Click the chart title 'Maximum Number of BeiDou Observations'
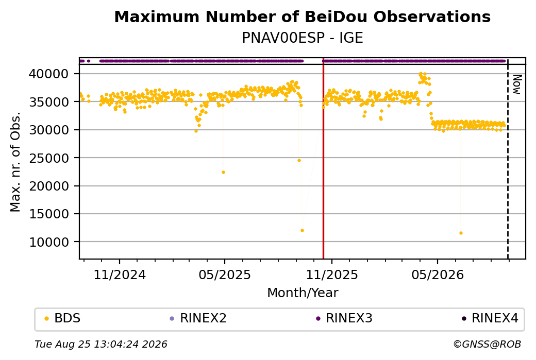[x=302, y=16]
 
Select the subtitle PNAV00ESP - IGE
[x=302, y=38]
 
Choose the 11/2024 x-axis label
[x=120, y=275]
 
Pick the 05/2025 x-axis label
[x=225, y=275]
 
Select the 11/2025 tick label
[x=331, y=275]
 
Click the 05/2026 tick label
[x=438, y=275]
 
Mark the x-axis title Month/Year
[x=303, y=293]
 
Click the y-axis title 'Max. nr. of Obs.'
[x=15, y=162]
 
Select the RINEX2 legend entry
[x=198, y=318]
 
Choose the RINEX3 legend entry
[x=344, y=318]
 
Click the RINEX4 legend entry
[x=490, y=318]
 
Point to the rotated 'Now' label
[x=517, y=84]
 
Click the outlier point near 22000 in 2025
[x=223, y=173]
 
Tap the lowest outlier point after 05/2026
[x=461, y=233]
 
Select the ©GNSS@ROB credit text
[x=487, y=344]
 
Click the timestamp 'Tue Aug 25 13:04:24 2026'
[x=101, y=344]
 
